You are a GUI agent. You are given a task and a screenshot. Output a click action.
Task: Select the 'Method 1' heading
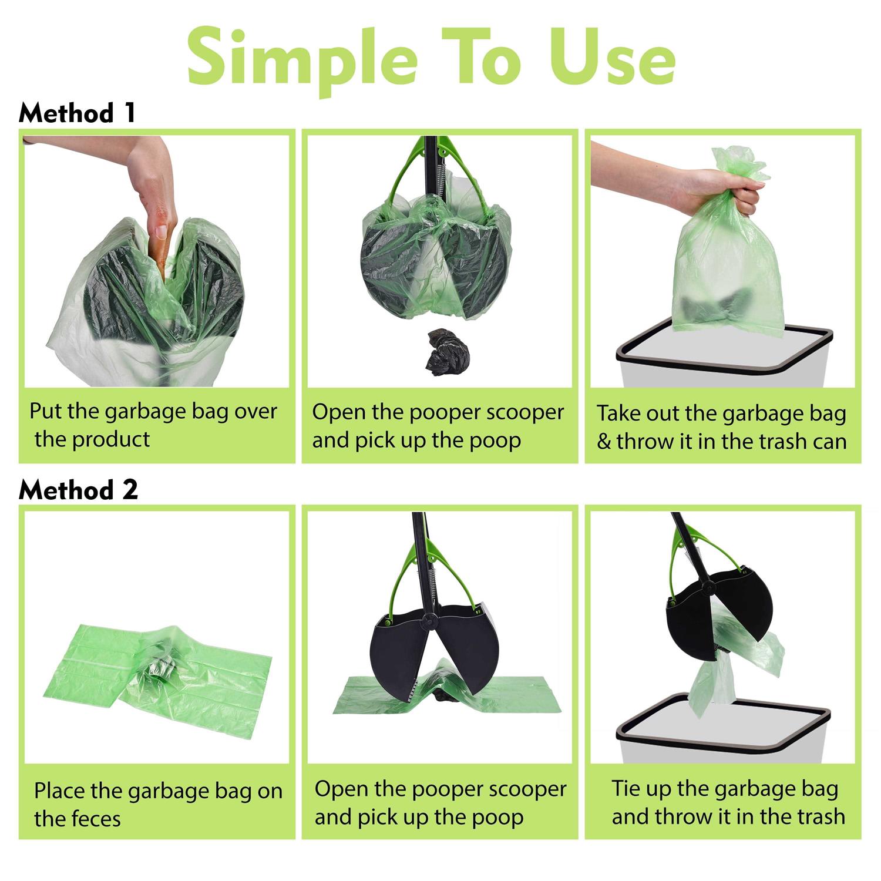[x=77, y=113]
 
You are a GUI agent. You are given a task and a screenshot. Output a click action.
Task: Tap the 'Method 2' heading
[x=78, y=489]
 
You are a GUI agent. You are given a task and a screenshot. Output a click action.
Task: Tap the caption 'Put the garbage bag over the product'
[x=153, y=425]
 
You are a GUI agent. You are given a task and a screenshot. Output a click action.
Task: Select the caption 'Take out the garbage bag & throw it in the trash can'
[x=721, y=427]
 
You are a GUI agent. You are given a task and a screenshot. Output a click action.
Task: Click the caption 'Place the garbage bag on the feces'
[x=157, y=804]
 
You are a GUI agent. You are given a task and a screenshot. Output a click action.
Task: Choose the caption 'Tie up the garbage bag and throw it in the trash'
[x=727, y=802]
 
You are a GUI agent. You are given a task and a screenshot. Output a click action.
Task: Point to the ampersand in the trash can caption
[x=604, y=442]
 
